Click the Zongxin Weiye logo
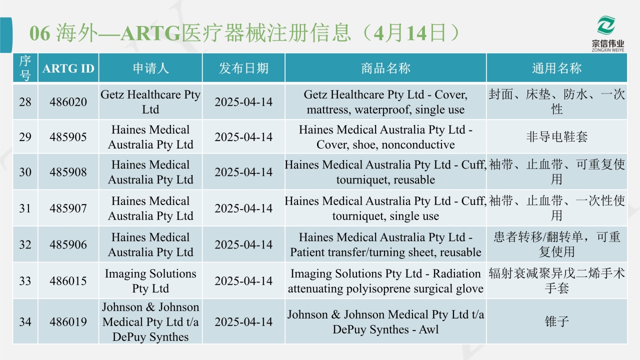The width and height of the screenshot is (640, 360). tap(607, 34)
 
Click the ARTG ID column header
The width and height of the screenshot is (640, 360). tap(68, 68)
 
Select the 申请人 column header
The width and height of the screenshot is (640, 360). tap(150, 68)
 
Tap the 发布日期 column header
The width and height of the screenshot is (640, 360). tap(243, 68)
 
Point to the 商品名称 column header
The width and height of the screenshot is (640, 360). tap(385, 68)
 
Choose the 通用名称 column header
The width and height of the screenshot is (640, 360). tap(556, 68)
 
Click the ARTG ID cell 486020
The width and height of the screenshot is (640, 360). tap(68, 102)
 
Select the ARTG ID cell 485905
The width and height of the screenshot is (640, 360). tap(68, 137)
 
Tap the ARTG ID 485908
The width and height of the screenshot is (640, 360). tap(68, 172)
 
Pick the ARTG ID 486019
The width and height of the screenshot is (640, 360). tap(68, 322)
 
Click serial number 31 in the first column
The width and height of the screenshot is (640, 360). tap(25, 208)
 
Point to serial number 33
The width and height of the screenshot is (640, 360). tap(25, 281)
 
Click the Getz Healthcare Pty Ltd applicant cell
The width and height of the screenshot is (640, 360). tap(150, 102)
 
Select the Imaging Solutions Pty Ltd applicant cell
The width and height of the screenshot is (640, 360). tap(150, 281)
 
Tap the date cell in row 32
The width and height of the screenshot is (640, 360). tap(243, 245)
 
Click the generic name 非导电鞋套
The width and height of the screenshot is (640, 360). tap(556, 137)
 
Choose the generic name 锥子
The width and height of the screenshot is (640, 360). tap(556, 321)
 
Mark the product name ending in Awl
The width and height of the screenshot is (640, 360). tap(385, 322)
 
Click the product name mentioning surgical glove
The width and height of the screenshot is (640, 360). tap(385, 281)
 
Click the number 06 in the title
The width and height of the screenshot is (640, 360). tap(39, 33)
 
